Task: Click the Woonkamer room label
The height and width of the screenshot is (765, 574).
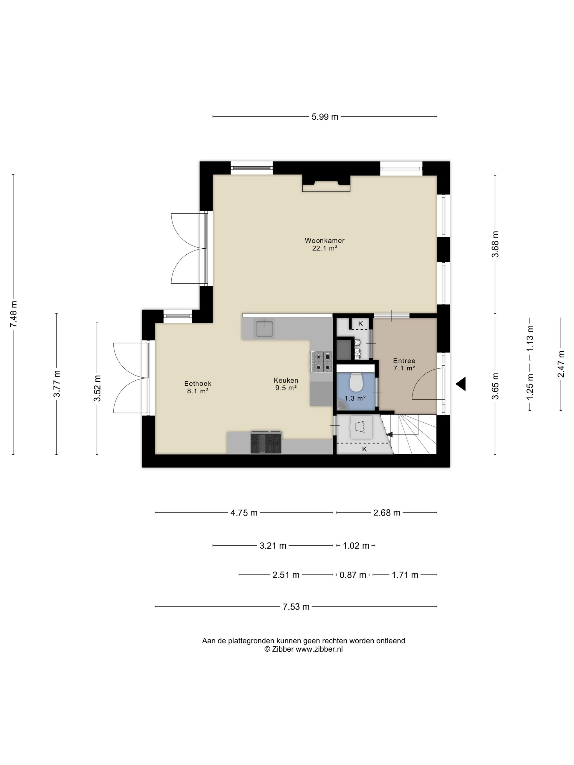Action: pyautogui.click(x=324, y=240)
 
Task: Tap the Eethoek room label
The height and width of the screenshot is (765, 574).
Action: pyautogui.click(x=198, y=384)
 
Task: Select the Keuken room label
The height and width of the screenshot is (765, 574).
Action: pyautogui.click(x=286, y=380)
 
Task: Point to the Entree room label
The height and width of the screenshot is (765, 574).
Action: pyautogui.click(x=404, y=361)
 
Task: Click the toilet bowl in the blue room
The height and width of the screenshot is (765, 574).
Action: pyautogui.click(x=356, y=381)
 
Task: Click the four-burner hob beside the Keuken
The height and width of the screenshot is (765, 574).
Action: pyautogui.click(x=322, y=361)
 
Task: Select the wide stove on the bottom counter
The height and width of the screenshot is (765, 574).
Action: pyautogui.click(x=266, y=442)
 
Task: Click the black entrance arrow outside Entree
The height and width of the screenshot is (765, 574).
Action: pyautogui.click(x=461, y=384)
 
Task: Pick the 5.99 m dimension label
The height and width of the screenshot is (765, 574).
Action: pyautogui.click(x=324, y=117)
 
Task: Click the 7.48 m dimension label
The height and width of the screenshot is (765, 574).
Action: pyautogui.click(x=13, y=314)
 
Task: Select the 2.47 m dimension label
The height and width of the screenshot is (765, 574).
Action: pyautogui.click(x=561, y=364)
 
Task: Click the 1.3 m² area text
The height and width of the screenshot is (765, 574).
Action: pyautogui.click(x=355, y=398)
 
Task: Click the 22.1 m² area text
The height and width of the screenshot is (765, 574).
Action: pyautogui.click(x=324, y=248)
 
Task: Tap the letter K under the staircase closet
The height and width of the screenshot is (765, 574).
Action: pyautogui.click(x=364, y=449)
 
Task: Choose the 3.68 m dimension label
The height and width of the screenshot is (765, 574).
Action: pyautogui.click(x=495, y=244)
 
